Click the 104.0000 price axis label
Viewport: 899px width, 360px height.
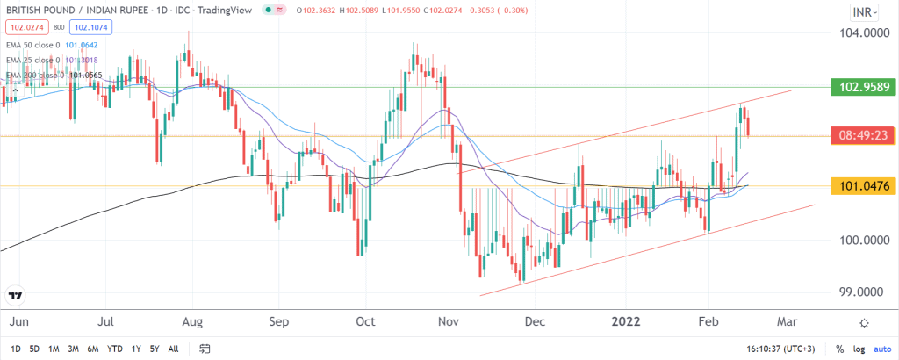point(859,33)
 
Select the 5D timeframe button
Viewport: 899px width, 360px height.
point(35,349)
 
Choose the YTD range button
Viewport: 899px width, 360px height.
point(115,349)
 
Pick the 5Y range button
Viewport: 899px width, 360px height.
point(154,349)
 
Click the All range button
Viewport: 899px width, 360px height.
point(173,349)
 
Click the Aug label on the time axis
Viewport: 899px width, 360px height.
point(193,321)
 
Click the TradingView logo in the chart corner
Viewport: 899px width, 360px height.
point(15,295)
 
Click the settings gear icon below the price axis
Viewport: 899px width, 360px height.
point(865,322)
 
